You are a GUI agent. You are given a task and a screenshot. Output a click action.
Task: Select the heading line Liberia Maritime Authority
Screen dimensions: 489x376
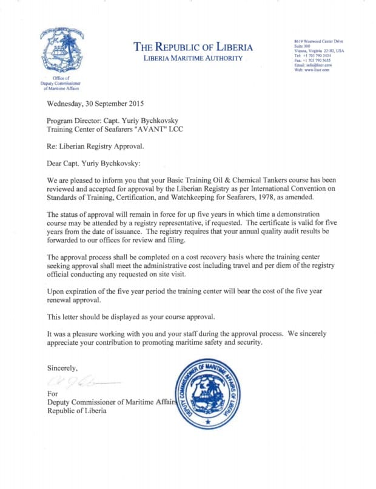[x=192, y=58]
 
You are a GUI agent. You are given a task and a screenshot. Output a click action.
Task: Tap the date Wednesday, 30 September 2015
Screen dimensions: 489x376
[x=95, y=103]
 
